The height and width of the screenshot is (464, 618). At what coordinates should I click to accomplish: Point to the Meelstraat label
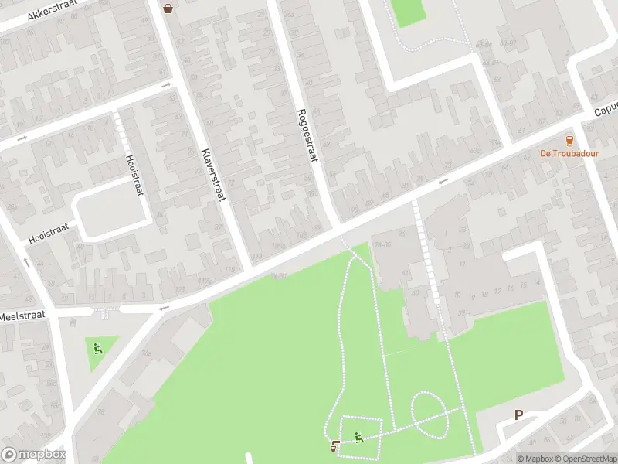click(x=22, y=316)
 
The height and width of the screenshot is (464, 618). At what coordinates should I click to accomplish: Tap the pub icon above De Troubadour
click(x=570, y=140)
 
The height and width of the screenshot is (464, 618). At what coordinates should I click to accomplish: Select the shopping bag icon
click(x=168, y=9)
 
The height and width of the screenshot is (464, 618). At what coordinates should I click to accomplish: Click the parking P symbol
click(x=518, y=415)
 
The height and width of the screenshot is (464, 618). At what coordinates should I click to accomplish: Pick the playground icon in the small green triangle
click(x=97, y=348)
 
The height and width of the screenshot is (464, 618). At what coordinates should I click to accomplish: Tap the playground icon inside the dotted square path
click(x=359, y=438)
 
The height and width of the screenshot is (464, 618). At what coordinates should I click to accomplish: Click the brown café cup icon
click(x=334, y=445)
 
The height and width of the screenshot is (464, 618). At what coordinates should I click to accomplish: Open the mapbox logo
click(x=33, y=455)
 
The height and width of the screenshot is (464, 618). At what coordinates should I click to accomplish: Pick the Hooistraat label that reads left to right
click(x=49, y=232)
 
